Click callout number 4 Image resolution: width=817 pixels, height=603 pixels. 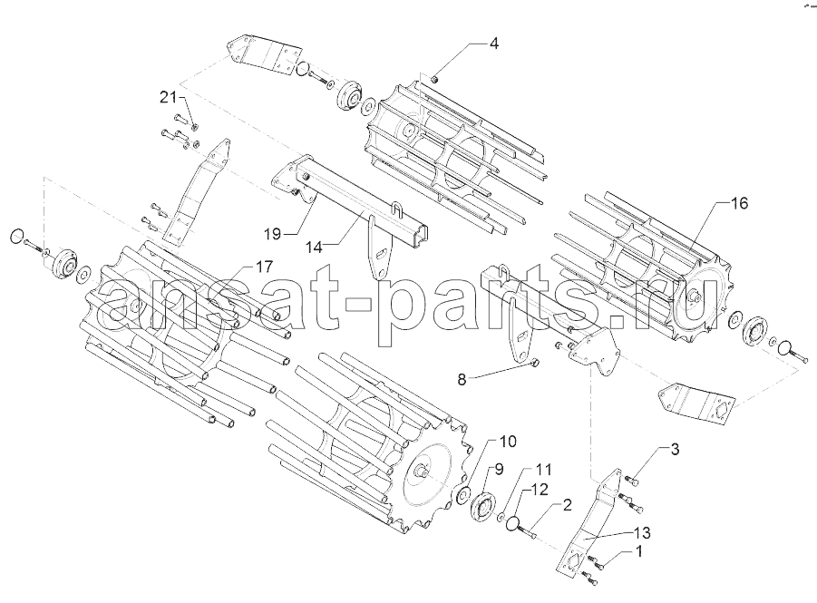click(x=493, y=44)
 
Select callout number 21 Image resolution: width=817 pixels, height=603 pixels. click(x=169, y=97)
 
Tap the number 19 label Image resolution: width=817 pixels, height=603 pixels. click(x=272, y=234)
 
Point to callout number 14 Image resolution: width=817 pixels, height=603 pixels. click(x=313, y=247)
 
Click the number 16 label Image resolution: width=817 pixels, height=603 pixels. click(x=738, y=203)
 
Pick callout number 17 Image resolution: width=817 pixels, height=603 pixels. click(x=264, y=267)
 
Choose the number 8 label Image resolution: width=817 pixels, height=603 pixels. click(x=462, y=380)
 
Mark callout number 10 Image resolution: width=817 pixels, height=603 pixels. click(x=508, y=442)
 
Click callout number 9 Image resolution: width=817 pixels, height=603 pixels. click(x=499, y=469)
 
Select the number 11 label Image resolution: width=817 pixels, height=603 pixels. click(x=542, y=469)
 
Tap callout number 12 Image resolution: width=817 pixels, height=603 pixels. click(x=540, y=490)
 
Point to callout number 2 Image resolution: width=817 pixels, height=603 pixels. click(x=567, y=504)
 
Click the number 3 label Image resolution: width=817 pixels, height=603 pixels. click(x=675, y=449)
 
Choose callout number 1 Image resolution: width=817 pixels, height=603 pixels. click(x=638, y=551)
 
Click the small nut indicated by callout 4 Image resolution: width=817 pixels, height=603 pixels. click(x=435, y=79)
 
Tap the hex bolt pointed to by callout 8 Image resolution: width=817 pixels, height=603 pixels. click(x=535, y=362)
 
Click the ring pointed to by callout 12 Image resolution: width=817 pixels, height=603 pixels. click(x=512, y=522)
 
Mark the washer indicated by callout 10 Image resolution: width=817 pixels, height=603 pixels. click(x=462, y=495)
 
